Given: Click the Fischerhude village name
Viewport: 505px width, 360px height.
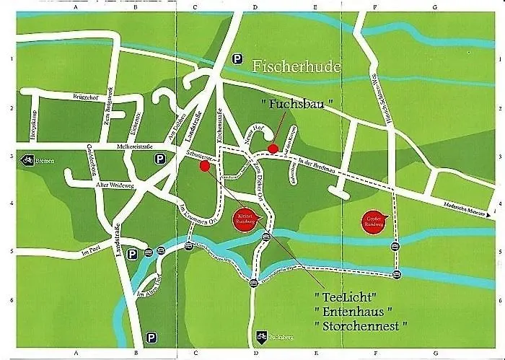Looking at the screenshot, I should click(297, 66).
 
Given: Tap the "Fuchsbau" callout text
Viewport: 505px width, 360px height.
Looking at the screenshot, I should click(298, 104).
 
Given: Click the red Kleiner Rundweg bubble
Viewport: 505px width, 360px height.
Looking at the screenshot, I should click(243, 219).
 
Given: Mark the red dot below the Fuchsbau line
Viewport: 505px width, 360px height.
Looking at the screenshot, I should click(273, 149).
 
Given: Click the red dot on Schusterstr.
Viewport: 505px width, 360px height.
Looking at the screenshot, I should click(204, 166).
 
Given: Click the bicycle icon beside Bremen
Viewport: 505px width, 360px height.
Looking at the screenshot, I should click(27, 159).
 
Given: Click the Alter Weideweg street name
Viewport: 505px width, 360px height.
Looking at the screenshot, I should click(115, 185).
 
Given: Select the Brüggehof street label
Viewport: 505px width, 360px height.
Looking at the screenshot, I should click(85, 97).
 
